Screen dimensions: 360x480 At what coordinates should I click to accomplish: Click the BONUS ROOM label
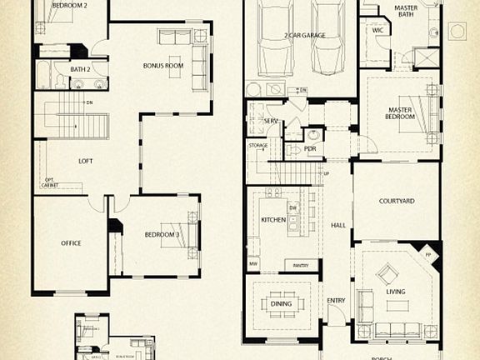[162, 65]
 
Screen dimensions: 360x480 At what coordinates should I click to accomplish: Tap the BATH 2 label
[80, 69]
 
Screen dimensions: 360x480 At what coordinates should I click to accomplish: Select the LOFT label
[85, 161]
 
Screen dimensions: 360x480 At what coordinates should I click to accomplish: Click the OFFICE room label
[71, 243]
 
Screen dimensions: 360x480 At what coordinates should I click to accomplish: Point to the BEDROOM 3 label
[162, 235]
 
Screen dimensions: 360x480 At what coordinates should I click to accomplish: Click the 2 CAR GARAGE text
[304, 36]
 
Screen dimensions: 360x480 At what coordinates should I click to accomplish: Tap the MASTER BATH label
[406, 12]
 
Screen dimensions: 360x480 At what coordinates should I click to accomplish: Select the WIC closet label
[378, 30]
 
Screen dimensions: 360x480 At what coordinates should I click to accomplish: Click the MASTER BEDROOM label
[401, 112]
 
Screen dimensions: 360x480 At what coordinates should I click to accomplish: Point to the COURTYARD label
[397, 201]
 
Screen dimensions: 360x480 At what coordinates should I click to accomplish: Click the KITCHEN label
[273, 220]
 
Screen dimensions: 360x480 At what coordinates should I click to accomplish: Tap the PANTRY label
[302, 265]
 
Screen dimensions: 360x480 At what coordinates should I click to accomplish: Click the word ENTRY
[336, 301]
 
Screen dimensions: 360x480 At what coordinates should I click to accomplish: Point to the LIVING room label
[396, 292]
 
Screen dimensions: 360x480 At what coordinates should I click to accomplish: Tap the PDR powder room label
[310, 149]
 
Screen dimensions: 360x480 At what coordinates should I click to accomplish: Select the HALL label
[337, 225]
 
